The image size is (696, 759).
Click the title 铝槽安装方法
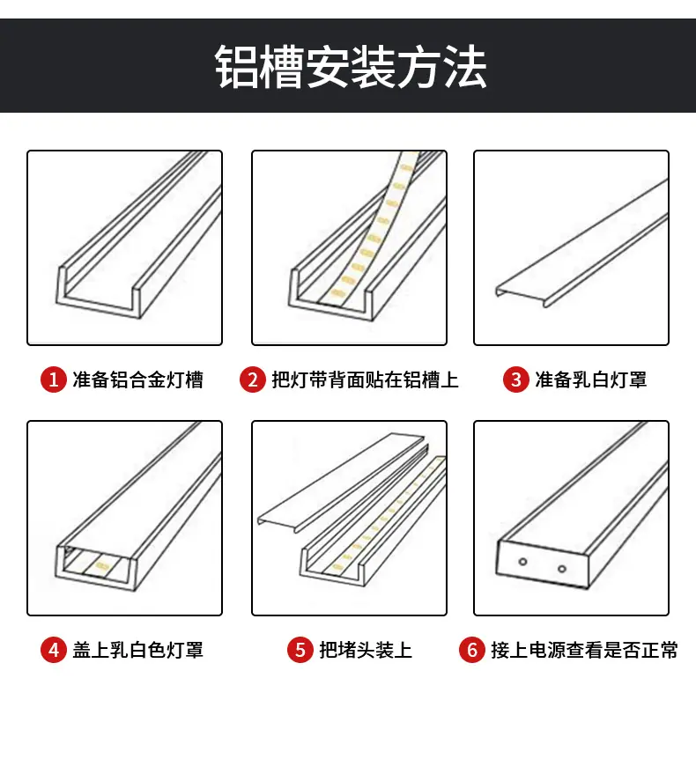pyautogui.click(x=351, y=67)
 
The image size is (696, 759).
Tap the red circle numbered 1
pyautogui.click(x=53, y=379)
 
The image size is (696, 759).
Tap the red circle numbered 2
pyautogui.click(x=252, y=379)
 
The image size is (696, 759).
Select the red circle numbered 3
pyautogui.click(x=515, y=379)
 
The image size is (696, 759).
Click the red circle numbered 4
pyautogui.click(x=53, y=650)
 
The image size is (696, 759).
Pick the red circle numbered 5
pyautogui.click(x=300, y=650)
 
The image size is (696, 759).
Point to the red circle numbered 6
pyautogui.click(x=471, y=650)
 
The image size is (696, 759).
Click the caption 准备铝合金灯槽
pyautogui.click(x=138, y=379)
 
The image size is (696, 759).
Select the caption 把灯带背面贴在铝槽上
pyautogui.click(x=366, y=379)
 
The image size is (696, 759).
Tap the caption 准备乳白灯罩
pyautogui.click(x=591, y=379)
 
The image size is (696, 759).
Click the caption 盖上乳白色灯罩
pyautogui.click(x=138, y=650)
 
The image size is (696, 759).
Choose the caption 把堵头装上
pyautogui.click(x=366, y=650)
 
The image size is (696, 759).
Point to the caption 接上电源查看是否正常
pyautogui.click(x=585, y=650)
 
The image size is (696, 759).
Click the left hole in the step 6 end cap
pyautogui.click(x=522, y=562)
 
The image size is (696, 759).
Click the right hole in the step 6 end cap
pyautogui.click(x=562, y=569)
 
